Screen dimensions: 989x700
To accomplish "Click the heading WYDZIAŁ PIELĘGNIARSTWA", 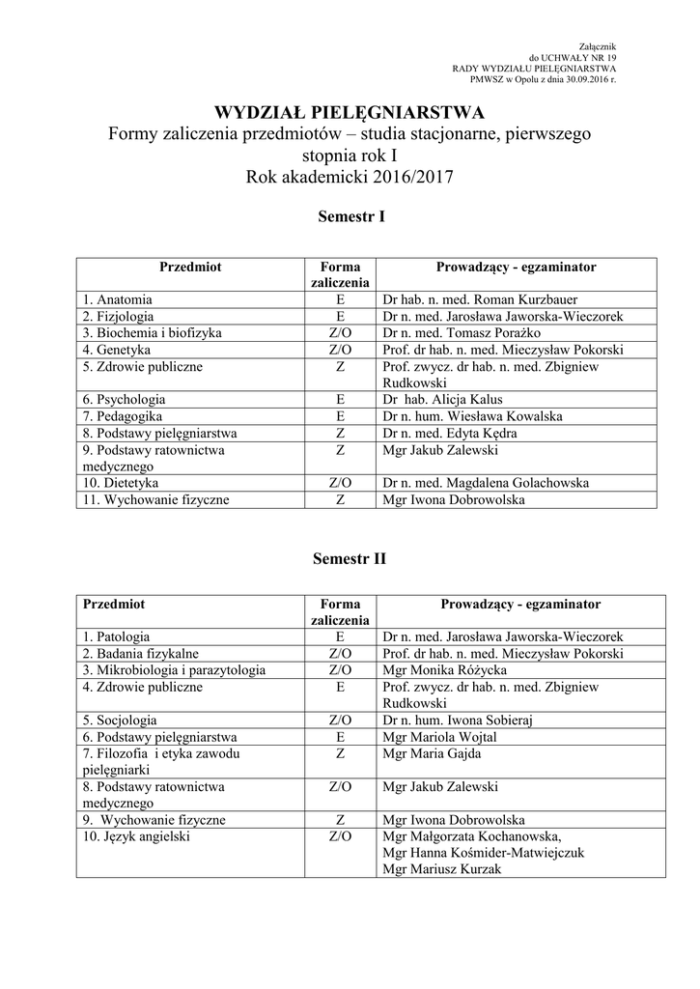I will tap(350, 113).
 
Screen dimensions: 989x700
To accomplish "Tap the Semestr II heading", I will tap(350, 558).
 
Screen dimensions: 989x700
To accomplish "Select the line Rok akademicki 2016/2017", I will tap(350, 177).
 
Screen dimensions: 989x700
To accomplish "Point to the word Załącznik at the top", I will tap(596, 46).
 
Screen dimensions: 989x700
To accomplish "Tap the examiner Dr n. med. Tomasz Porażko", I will tap(463, 332).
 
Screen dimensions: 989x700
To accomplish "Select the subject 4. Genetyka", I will tap(117, 350).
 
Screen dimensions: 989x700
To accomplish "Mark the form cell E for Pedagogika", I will tap(340, 416).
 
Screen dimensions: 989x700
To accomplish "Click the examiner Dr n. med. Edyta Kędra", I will tap(450, 434).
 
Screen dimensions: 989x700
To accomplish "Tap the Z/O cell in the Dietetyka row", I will tap(340, 483).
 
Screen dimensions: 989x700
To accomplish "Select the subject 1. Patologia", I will tap(116, 636).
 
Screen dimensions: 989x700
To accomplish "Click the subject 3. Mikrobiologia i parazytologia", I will tap(174, 669).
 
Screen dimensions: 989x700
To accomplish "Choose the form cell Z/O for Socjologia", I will tap(340, 720).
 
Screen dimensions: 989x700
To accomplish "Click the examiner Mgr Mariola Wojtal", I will tap(440, 737).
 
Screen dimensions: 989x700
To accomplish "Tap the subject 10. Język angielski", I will tap(136, 836).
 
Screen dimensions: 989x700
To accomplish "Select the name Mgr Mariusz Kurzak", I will tap(442, 869).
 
